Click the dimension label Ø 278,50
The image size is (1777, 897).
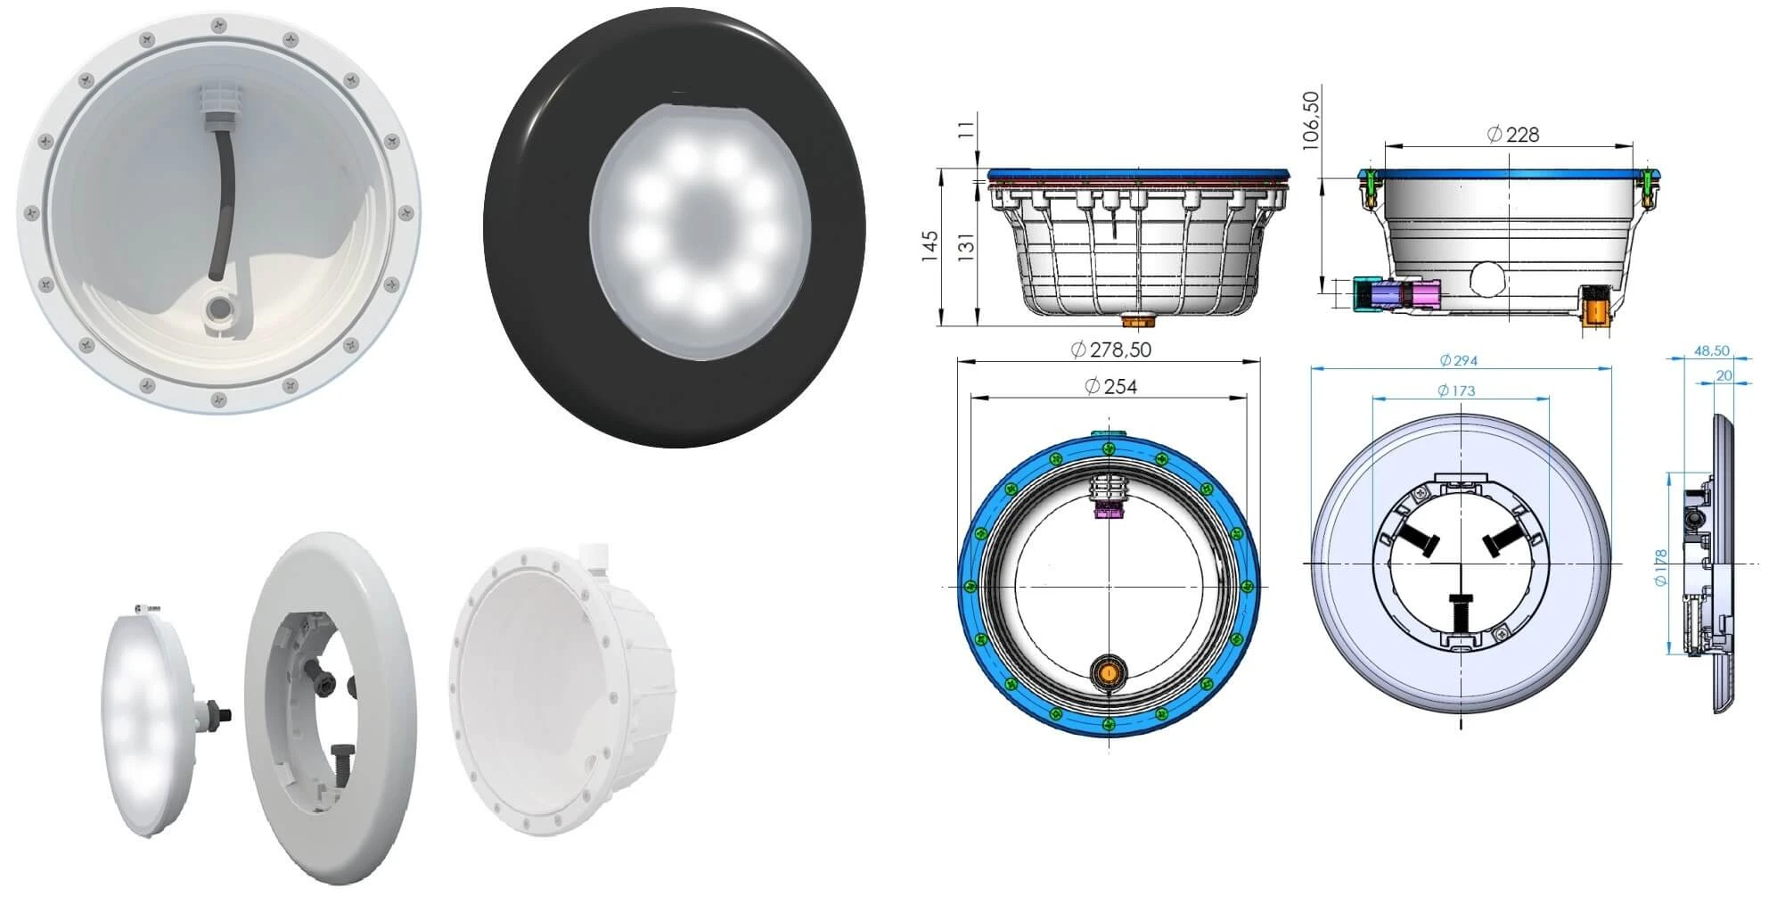[1110, 350]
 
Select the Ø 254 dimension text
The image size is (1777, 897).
[1110, 386]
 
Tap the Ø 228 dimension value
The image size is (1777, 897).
[1513, 135]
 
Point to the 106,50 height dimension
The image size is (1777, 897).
[1310, 120]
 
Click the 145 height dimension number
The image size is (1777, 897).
[929, 247]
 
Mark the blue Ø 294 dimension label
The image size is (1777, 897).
[1458, 360]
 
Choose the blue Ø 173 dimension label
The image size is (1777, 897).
[1456, 391]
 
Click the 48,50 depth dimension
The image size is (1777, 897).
[1711, 351]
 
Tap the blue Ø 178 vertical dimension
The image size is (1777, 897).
[1660, 568]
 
